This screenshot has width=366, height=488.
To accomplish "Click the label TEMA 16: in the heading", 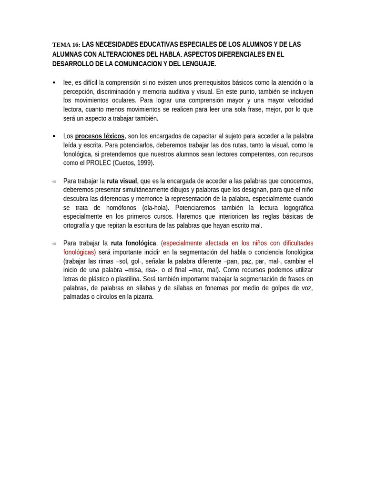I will [x=66, y=45].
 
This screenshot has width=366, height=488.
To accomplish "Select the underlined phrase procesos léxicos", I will [x=100, y=136].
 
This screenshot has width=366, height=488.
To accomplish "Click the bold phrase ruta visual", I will [x=122, y=181].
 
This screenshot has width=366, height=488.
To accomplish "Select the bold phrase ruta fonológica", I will [x=133, y=243].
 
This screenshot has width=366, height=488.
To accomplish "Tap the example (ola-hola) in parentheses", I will [x=155, y=208].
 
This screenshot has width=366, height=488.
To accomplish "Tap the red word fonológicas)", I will [x=80, y=252].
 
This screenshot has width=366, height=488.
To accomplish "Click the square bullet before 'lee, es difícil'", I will [x=54, y=82].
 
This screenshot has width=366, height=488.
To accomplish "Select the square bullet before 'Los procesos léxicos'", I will [x=54, y=136].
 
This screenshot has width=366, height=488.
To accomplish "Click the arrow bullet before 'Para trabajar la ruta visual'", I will [x=54, y=182].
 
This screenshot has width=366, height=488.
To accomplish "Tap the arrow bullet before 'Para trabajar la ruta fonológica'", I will [x=54, y=244].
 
